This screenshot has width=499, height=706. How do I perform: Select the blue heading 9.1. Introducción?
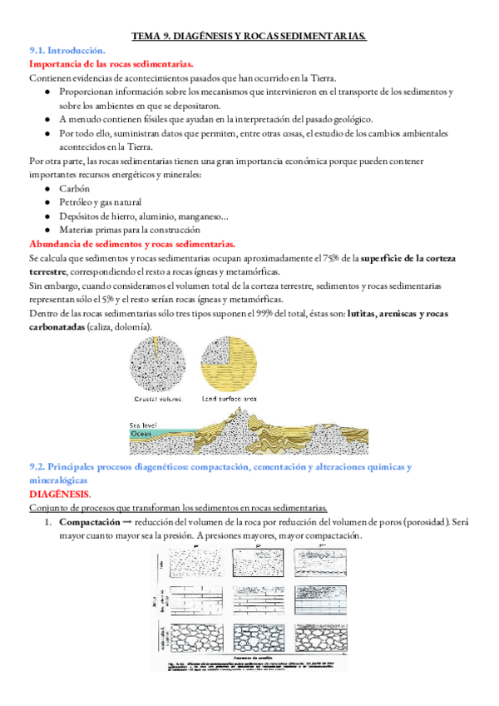pos(67,50)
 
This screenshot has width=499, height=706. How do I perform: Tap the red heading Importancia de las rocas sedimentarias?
pos(111,63)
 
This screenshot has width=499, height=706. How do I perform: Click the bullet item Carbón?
pos(75,189)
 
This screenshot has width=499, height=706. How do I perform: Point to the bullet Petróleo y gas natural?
pos(100,202)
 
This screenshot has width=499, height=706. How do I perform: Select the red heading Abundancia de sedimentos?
pos(131,243)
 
